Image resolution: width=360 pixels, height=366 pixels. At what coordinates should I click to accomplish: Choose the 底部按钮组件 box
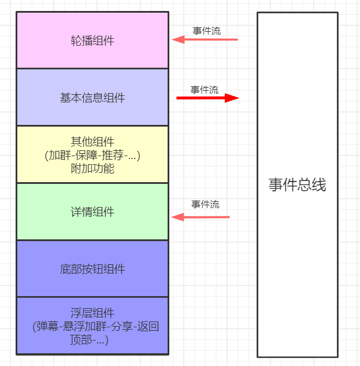point(92,254)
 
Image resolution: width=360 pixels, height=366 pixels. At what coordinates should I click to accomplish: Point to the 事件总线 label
point(297,185)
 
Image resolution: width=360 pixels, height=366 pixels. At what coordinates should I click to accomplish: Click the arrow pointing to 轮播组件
point(208,40)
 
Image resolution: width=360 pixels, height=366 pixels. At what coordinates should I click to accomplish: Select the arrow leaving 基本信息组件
point(205,98)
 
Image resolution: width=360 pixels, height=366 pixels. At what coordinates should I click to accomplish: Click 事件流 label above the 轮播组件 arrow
point(206,31)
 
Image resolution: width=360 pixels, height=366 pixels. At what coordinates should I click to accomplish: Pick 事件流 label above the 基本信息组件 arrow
point(205,90)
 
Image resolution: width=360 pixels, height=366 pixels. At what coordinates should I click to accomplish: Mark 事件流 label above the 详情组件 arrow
point(205,204)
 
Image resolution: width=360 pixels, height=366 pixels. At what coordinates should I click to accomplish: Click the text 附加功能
point(92,169)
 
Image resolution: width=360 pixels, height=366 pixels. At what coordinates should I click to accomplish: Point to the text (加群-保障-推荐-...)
point(92,156)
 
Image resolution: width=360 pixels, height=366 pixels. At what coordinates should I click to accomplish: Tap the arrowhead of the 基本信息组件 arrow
point(232,98)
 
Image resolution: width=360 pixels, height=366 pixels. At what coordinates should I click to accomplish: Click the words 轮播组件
point(92,41)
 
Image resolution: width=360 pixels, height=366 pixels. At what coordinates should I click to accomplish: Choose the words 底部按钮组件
point(92,269)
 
